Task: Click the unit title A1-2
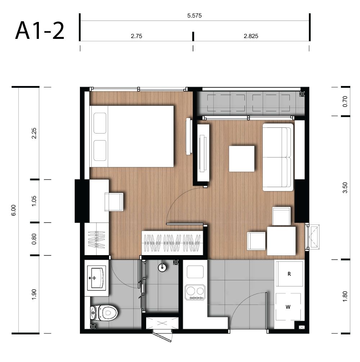tap(40, 31)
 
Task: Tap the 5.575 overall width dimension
tap(194, 15)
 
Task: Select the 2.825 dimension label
tap(251, 36)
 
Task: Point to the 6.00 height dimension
tap(14, 210)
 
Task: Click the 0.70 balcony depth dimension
tap(345, 101)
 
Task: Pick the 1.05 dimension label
tap(34, 201)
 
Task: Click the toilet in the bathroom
tap(104, 313)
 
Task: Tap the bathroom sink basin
tap(96, 278)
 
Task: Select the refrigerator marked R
tap(289, 274)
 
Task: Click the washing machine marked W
tap(288, 307)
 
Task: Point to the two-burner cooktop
tap(195, 292)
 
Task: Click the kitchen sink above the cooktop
tap(195, 272)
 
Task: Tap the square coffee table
tap(242, 159)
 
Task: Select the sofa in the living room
tap(278, 157)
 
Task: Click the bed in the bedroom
tap(131, 136)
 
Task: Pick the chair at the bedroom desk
tap(114, 202)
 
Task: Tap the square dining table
tap(281, 241)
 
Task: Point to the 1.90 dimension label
tap(34, 294)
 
